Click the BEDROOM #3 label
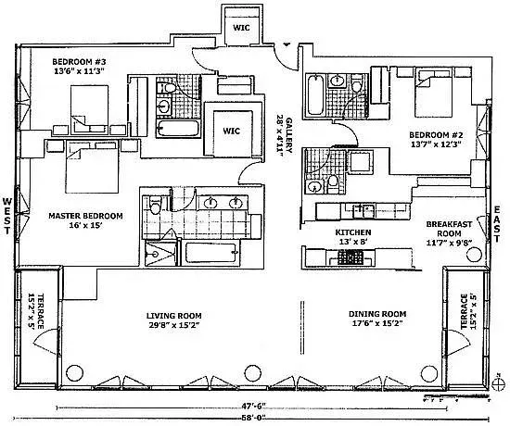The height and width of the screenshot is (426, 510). point(79,61)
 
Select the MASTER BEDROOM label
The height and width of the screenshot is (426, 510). point(85,216)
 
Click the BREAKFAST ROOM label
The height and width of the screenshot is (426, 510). point(450,225)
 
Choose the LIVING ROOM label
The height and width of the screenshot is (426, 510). point(173,315)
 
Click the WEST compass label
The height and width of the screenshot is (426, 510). point(8,216)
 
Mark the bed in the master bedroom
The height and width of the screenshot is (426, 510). point(91,169)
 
